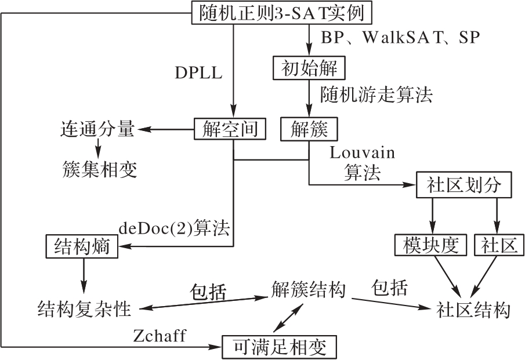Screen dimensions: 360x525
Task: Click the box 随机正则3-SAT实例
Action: point(280,13)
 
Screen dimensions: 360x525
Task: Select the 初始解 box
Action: point(309,68)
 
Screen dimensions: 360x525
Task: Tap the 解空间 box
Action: point(230,129)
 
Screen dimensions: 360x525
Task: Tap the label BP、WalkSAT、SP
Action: point(400,37)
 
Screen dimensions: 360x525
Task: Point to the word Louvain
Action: point(362,153)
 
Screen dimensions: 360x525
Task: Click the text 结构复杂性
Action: point(85,308)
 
